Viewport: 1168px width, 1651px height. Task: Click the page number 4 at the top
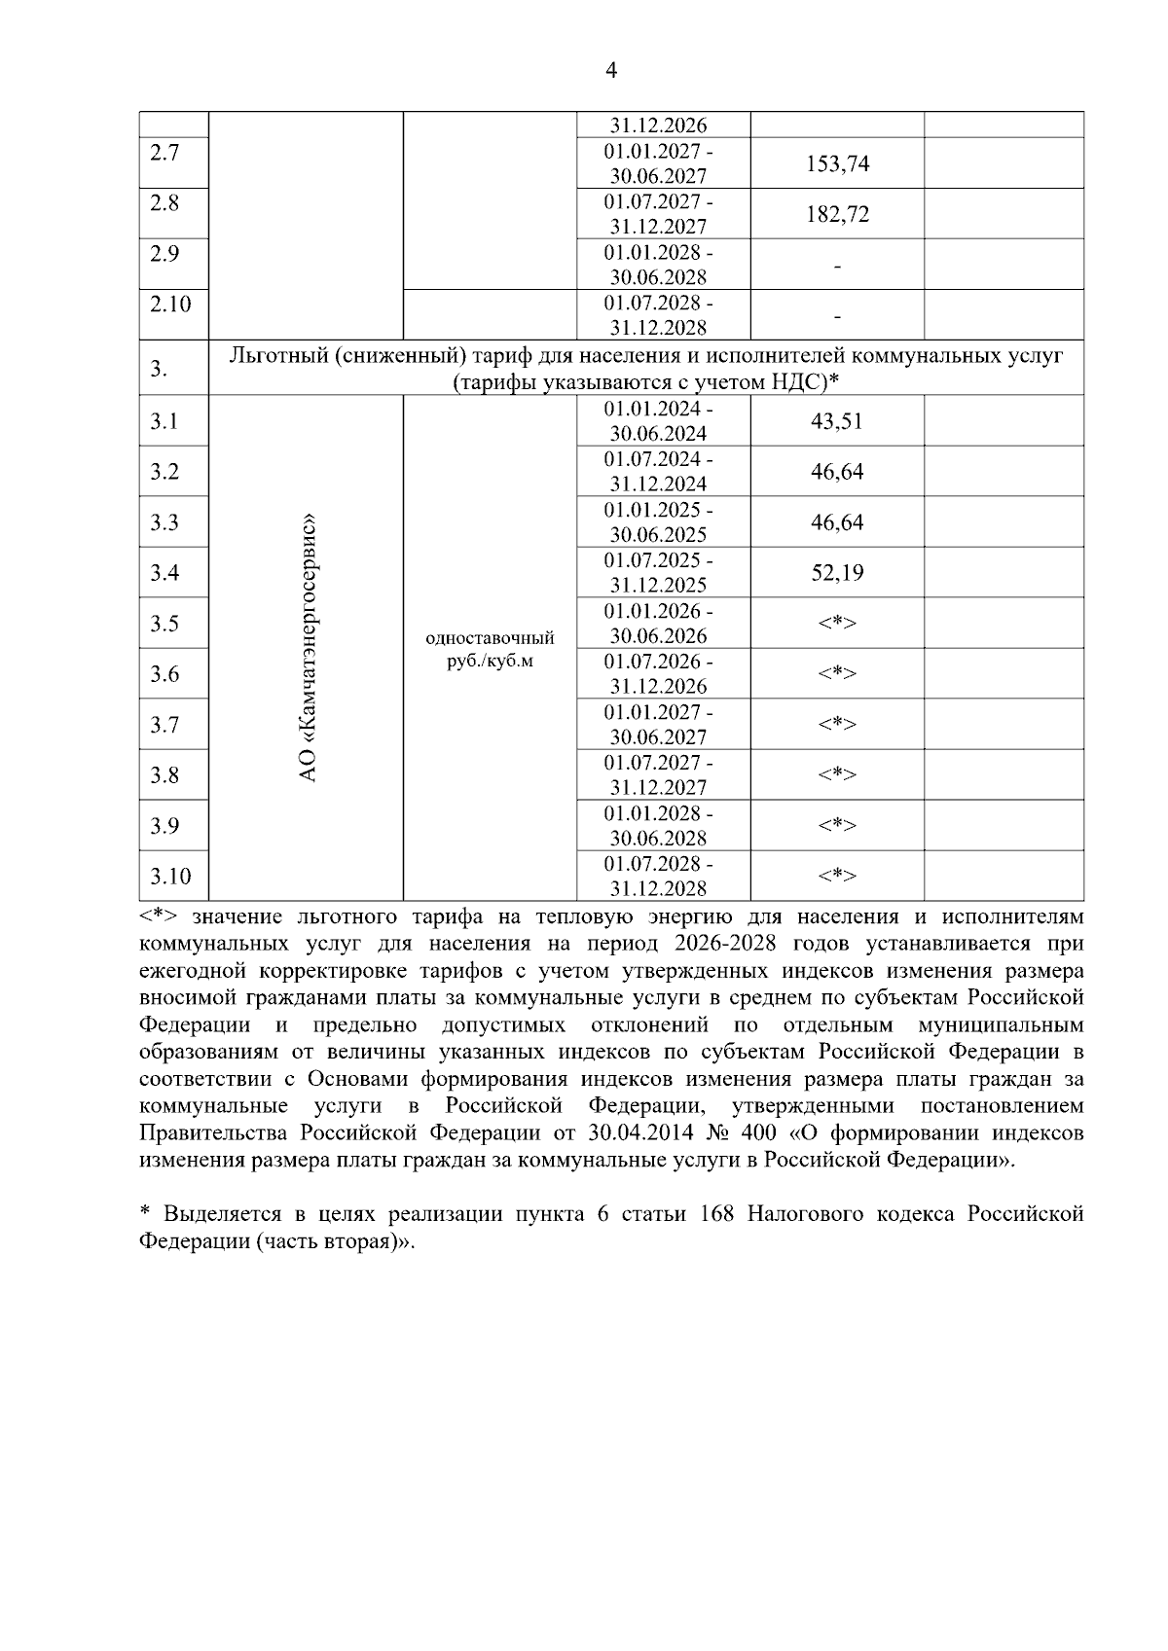coord(611,70)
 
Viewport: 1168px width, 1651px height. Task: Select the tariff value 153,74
coord(837,163)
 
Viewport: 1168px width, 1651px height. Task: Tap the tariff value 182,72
coord(837,214)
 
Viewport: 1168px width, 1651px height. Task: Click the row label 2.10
coord(170,305)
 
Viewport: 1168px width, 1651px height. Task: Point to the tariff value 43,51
coord(837,421)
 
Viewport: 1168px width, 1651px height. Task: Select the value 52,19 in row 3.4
coord(837,573)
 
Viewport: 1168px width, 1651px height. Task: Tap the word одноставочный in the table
coord(490,638)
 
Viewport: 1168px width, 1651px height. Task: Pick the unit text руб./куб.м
coord(490,663)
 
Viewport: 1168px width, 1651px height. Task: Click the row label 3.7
coord(164,725)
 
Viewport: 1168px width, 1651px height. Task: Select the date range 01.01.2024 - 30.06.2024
coord(658,421)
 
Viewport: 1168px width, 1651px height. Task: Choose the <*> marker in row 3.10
coord(837,877)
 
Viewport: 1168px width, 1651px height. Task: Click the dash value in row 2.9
coord(837,266)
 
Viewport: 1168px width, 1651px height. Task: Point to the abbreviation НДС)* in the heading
coord(806,383)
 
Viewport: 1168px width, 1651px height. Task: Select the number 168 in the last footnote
coord(717,1215)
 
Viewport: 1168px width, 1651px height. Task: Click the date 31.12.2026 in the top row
coord(658,126)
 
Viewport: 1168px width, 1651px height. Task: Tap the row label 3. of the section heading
coord(159,370)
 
